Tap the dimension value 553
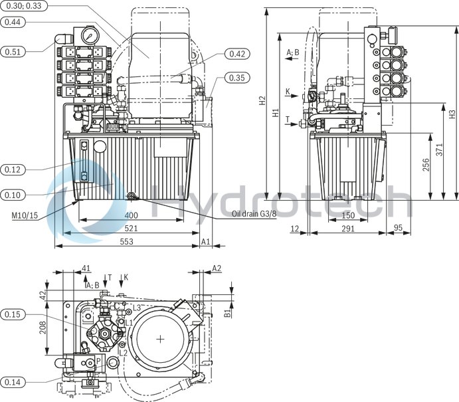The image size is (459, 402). (x=127, y=241)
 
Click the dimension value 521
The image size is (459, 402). (x=132, y=229)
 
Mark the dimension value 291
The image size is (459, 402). (x=347, y=229)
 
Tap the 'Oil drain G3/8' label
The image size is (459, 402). (x=254, y=214)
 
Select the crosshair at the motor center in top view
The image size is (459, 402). (x=161, y=339)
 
